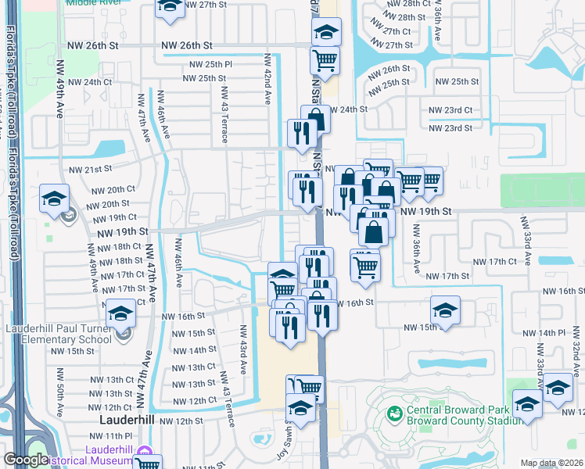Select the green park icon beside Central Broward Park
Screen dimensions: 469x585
point(395,412)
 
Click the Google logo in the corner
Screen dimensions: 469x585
point(26,460)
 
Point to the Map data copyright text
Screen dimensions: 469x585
point(551,463)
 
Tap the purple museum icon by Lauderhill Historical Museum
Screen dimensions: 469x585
point(143,453)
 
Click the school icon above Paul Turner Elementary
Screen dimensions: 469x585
point(121,315)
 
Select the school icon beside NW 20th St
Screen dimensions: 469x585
point(54,197)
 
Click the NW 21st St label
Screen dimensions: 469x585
point(86,170)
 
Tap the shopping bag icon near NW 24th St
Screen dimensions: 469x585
point(317,119)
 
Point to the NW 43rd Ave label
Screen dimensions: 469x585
point(243,349)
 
